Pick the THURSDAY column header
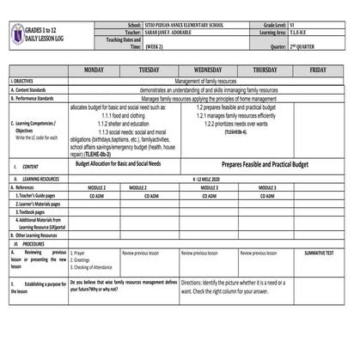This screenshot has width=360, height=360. pyautogui.click(x=265, y=69)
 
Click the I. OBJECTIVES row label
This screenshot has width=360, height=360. pyautogui.click(x=25, y=80)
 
